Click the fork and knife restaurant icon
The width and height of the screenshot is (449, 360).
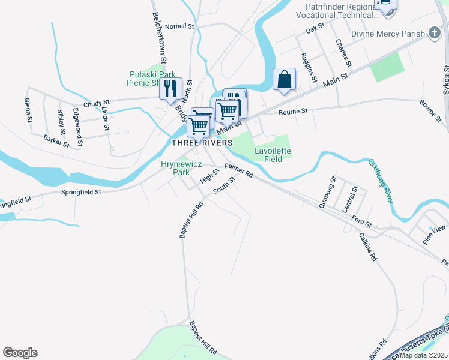(170, 88)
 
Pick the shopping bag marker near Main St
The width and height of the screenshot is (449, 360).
(284, 79)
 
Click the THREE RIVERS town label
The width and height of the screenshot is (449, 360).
(202, 143)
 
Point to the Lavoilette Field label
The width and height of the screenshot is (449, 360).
(273, 155)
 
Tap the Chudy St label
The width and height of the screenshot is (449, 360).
(97, 104)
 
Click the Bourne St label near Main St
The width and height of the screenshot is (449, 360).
(293, 111)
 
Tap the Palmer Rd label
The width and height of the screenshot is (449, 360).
(239, 171)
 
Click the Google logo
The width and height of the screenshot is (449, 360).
(20, 353)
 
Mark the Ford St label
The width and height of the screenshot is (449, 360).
(362, 221)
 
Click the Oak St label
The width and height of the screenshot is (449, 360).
(315, 28)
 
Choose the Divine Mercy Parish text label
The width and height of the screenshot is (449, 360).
(388, 34)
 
